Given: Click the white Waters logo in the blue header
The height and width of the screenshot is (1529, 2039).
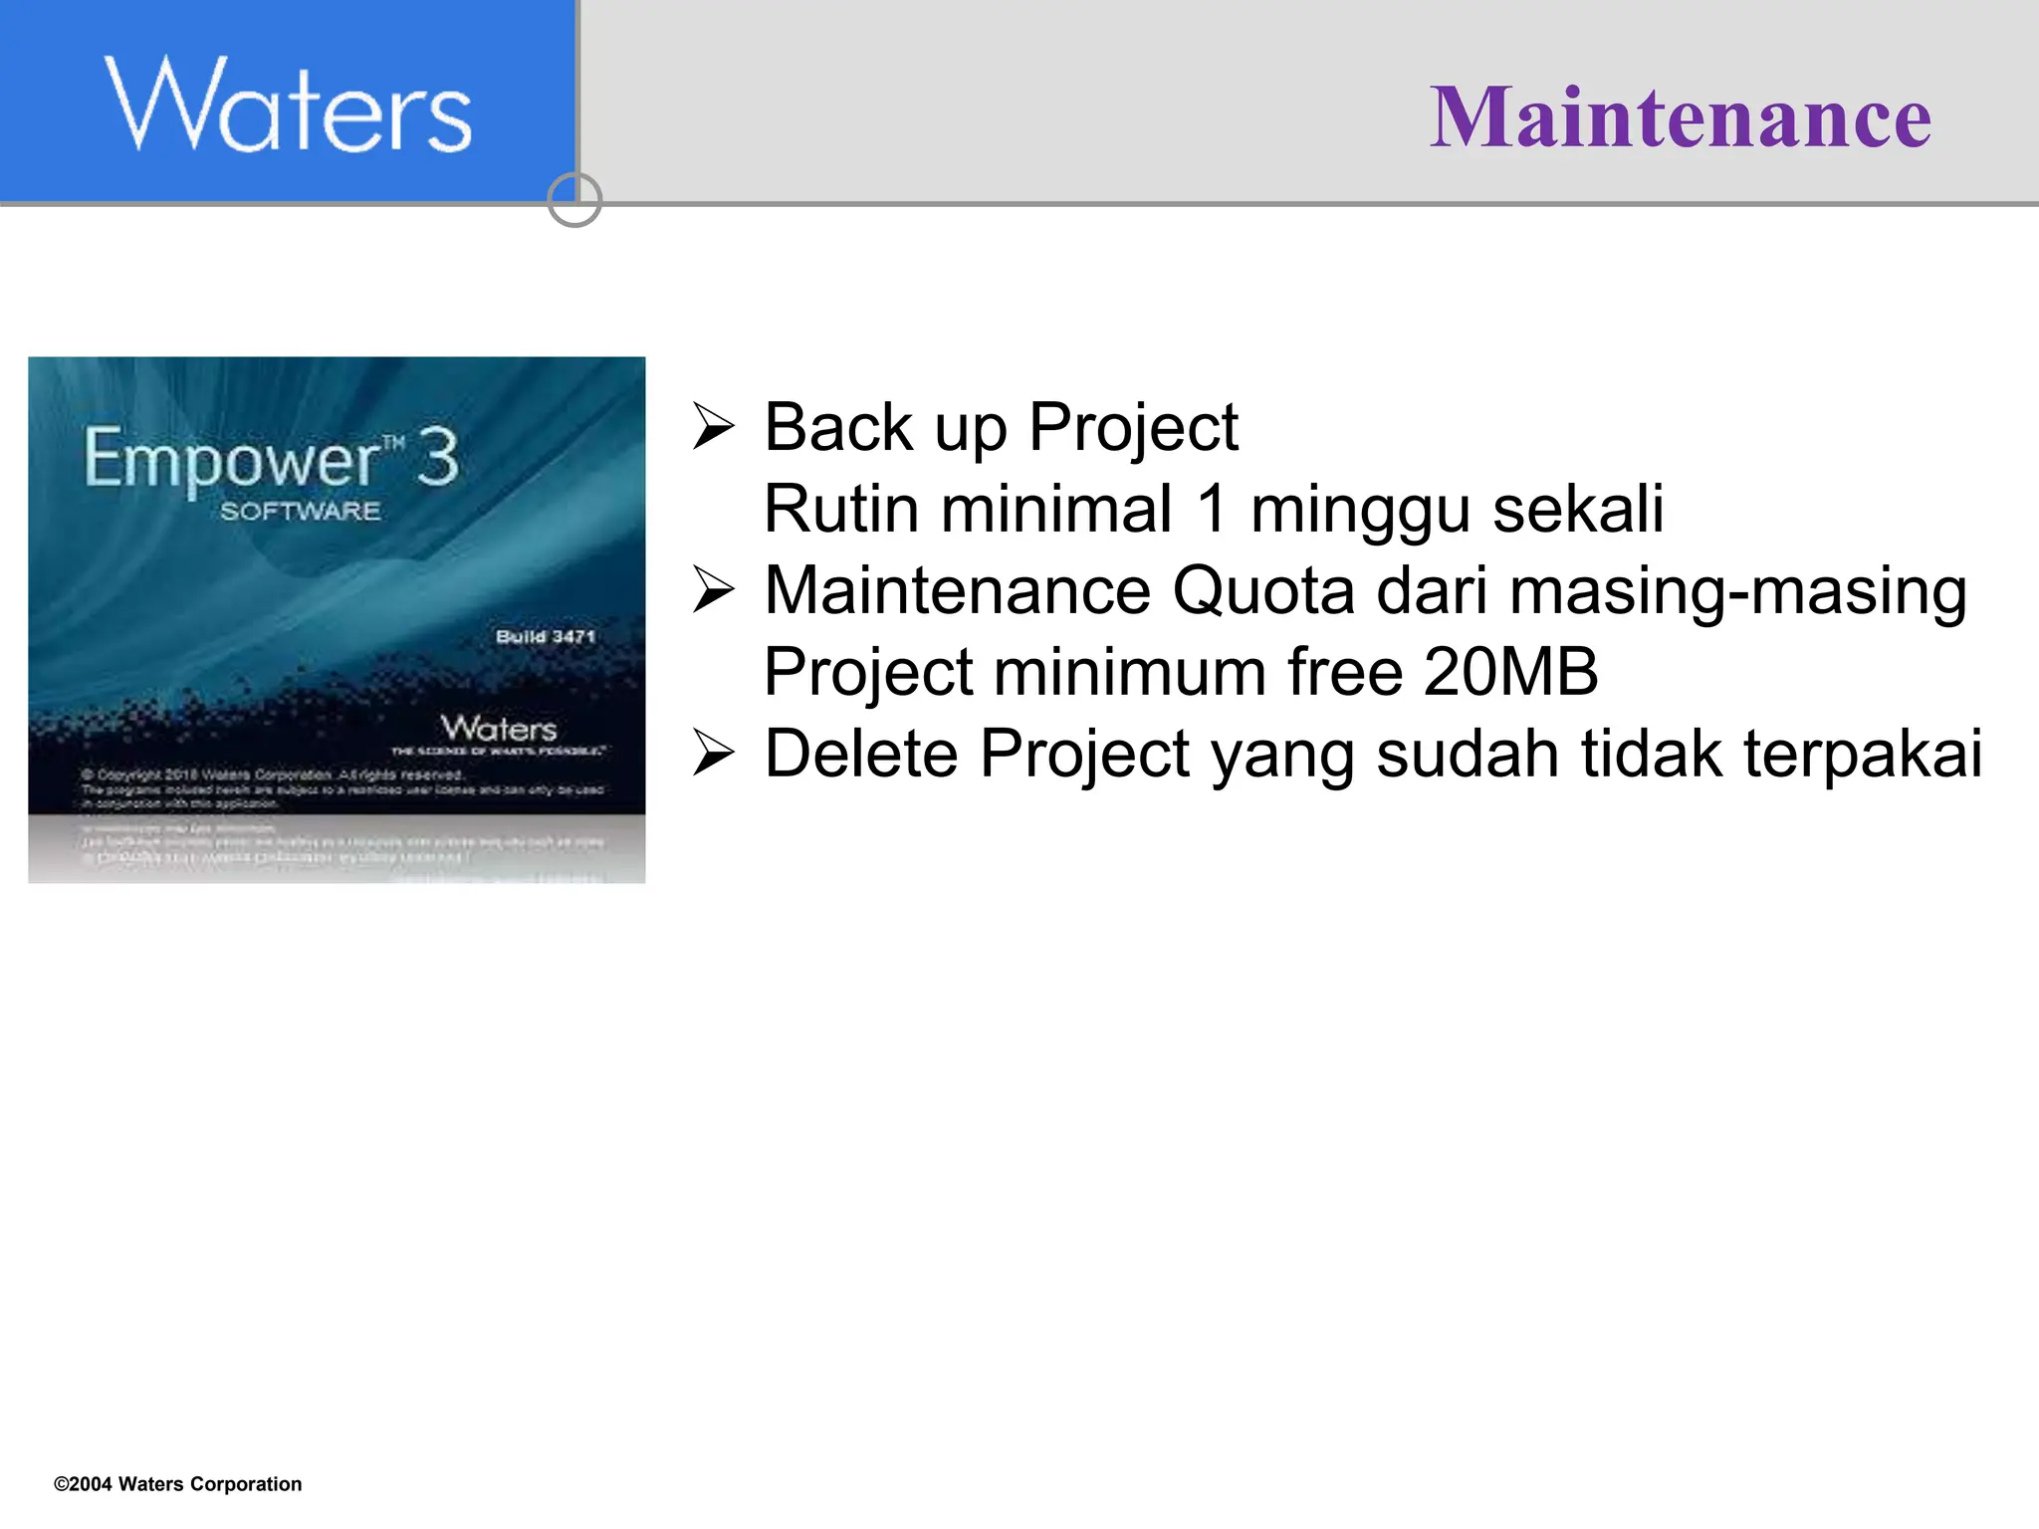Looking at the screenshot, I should coord(288,106).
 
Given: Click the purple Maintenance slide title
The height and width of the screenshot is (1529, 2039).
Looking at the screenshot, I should coord(1680,117).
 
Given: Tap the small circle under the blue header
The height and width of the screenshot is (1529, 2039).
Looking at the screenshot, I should coord(574,200).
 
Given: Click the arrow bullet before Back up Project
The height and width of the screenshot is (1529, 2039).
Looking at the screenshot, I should coord(713,428).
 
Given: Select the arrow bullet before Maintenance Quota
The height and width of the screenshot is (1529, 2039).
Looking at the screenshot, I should coord(713,590).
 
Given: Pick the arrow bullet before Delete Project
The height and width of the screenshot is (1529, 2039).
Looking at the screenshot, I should coord(713,753).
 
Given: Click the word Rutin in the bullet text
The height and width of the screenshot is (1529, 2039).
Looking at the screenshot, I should coord(841,509).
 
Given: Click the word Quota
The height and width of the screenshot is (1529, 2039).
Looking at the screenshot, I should coord(1263,590).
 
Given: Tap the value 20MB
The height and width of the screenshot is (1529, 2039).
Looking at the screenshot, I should coord(1510,672).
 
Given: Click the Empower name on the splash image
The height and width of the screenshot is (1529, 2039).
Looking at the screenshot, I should coord(231,459).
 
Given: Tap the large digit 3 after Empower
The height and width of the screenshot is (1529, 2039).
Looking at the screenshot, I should coord(437,458).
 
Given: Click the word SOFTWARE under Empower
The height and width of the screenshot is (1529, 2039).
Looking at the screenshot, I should coord(300,512).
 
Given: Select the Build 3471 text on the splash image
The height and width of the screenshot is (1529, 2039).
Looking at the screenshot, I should coord(545,636).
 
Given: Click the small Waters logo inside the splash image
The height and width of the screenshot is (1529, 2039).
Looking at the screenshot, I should coord(499,728).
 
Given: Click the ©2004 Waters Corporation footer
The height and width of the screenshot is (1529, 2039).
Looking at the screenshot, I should coord(177,1483).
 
